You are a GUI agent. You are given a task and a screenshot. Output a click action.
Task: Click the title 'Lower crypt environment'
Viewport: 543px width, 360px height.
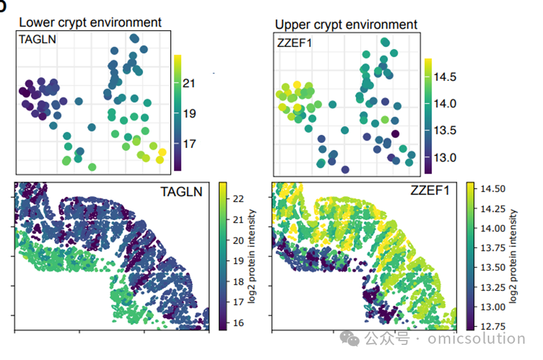pos(90,23)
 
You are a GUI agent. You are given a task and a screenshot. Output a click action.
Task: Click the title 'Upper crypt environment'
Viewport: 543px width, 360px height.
pos(346,24)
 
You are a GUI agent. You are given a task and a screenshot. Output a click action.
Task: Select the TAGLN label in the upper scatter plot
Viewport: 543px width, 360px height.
pos(38,40)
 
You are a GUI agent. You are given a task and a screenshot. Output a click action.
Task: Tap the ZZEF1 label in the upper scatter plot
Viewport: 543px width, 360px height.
pos(294,43)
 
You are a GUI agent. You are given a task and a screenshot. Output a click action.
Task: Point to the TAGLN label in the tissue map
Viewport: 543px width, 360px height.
pos(181,192)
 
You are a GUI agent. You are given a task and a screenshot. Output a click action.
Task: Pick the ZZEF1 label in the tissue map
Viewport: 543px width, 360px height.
pos(430,191)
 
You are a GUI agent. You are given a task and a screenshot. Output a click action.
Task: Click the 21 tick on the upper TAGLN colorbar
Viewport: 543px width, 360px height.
pos(189,83)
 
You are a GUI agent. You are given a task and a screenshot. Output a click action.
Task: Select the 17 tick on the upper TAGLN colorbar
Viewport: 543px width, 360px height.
pos(189,144)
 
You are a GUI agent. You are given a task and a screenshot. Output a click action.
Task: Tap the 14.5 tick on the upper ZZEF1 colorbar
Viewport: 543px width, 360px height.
pos(445,77)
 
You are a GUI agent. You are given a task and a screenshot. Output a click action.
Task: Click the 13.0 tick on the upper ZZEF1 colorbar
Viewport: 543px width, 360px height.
pos(445,158)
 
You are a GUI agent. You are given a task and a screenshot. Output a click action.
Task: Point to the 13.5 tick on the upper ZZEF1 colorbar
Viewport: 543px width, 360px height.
pos(445,130)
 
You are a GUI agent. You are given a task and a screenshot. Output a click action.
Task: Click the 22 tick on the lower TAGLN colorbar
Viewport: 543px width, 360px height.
pos(239,199)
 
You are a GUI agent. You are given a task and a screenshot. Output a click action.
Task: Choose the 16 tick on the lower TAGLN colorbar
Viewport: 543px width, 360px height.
pos(239,323)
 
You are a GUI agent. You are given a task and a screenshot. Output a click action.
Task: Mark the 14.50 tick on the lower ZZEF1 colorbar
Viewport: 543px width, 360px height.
pos(493,189)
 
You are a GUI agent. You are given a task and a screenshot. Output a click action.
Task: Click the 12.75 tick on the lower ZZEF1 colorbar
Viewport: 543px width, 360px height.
pos(493,326)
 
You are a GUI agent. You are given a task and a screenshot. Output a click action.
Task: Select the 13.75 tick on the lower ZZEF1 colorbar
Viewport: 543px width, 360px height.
pos(493,248)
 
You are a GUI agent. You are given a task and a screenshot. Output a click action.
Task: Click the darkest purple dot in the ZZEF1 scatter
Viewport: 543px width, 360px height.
pos(395,134)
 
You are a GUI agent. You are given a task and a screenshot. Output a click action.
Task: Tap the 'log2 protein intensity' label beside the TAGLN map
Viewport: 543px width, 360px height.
pos(252,256)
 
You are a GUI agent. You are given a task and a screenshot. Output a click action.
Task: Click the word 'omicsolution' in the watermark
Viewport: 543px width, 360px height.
pos(476,338)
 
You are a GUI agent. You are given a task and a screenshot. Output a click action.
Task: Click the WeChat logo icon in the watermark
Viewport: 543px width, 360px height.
pos(350,338)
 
